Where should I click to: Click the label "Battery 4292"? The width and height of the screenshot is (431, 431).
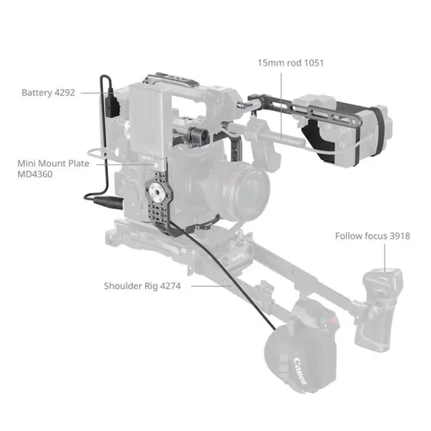48,93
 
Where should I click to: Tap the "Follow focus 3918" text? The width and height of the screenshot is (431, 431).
372,236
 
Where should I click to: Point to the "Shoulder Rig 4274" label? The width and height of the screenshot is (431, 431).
142,286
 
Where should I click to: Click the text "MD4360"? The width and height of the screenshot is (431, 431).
35,173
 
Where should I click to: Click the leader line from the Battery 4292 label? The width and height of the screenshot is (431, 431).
88,93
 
